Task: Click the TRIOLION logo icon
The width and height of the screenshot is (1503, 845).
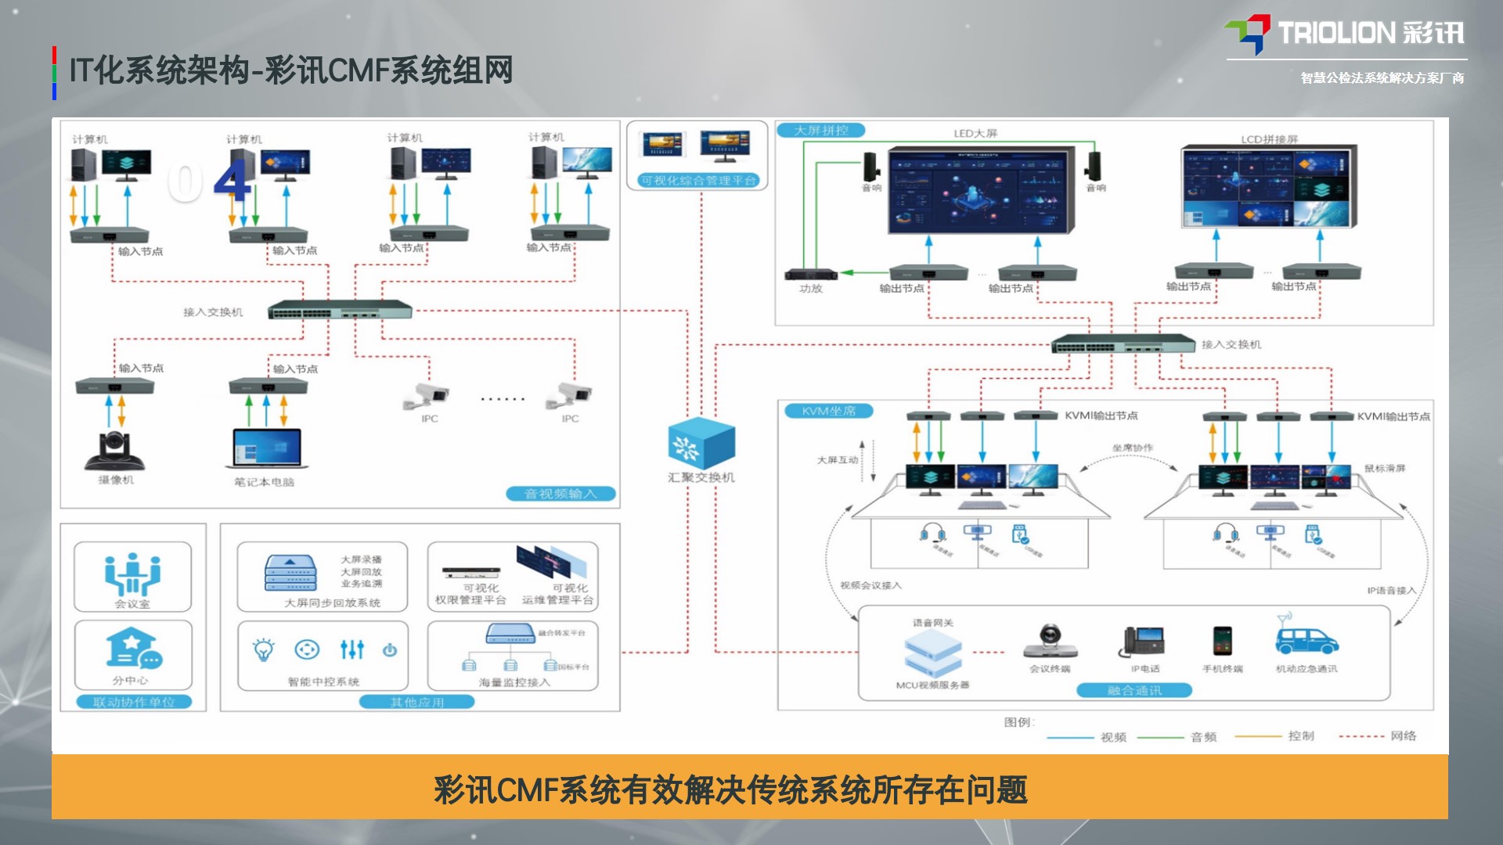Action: tap(1248, 34)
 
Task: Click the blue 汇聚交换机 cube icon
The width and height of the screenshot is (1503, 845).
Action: tap(701, 444)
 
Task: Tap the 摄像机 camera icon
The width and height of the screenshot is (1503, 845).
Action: tap(115, 451)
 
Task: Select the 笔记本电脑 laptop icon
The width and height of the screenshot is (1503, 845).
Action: tap(267, 450)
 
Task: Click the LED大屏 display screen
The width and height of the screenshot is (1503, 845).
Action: tap(977, 190)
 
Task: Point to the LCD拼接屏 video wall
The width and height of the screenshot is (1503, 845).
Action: tap(1268, 186)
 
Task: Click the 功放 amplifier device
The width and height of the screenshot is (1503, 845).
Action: tap(811, 274)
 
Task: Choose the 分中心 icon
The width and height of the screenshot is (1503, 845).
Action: tap(132, 650)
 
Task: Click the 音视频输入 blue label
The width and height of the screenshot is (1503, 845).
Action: tap(560, 494)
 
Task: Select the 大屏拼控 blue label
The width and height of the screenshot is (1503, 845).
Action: tap(820, 131)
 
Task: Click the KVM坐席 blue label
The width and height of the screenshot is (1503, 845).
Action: tap(828, 411)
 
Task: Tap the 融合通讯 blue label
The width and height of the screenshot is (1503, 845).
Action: tap(1134, 690)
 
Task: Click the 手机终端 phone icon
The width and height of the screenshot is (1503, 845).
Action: tap(1222, 641)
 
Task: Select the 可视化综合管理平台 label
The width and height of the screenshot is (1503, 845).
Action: tap(698, 181)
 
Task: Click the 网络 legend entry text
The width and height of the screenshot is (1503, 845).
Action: tap(1404, 735)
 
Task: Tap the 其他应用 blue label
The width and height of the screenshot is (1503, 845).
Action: tap(416, 702)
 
